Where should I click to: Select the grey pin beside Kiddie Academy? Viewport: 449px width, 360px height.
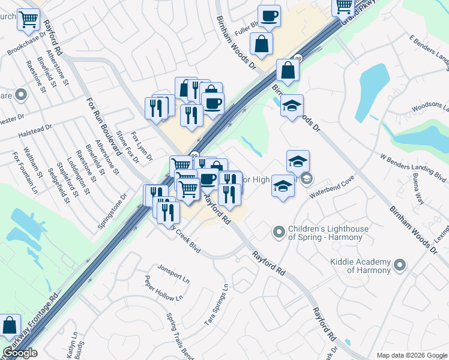click(400, 264)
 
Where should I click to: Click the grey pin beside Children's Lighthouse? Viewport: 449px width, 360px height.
click(279, 231)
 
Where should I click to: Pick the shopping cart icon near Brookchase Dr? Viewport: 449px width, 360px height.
click(28, 19)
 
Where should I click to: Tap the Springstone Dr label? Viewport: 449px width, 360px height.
click(113, 212)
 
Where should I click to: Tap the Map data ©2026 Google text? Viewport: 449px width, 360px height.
click(411, 355)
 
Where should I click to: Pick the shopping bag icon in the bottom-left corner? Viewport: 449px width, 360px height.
click(10, 326)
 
